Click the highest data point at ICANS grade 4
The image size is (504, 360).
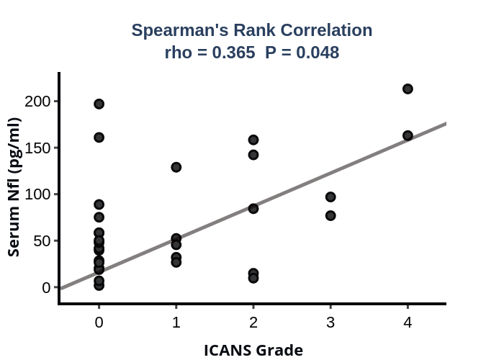(408, 89)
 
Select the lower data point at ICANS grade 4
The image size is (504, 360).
(408, 135)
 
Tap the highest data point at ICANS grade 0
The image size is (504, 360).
(99, 104)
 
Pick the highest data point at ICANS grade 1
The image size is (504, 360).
(176, 167)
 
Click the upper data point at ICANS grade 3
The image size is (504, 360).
(330, 197)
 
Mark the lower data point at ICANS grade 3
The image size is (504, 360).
(330, 215)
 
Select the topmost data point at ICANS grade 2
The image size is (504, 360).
(253, 140)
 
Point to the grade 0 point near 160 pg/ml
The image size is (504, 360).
(99, 138)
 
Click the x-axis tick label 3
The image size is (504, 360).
(330, 322)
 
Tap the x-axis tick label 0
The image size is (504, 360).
(99, 322)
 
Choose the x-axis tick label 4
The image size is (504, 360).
(408, 322)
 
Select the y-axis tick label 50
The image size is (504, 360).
(44, 240)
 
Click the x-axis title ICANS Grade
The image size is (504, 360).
(253, 351)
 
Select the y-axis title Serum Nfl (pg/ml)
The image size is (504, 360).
(14, 186)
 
